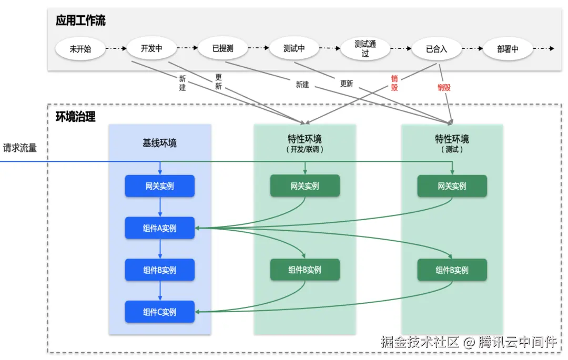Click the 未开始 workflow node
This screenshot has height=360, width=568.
[x=80, y=49]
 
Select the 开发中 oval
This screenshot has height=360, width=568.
[x=151, y=49]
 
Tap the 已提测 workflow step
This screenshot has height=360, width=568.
[x=222, y=49]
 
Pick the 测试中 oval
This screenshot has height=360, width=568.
[x=294, y=49]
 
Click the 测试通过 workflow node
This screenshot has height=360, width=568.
[x=365, y=49]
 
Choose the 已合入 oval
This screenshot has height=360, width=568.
[x=437, y=49]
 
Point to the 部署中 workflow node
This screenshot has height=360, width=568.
[x=508, y=49]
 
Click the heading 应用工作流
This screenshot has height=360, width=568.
[x=80, y=21]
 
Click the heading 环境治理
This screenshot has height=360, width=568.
[x=76, y=117]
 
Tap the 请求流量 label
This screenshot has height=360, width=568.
[x=20, y=148]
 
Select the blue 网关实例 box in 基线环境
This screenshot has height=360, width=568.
[x=159, y=186]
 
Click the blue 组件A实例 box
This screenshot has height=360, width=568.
[x=159, y=228]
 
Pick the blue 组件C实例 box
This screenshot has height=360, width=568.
[x=159, y=312]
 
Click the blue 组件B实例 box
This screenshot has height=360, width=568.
[x=159, y=270]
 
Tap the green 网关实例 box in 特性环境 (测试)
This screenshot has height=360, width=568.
[x=452, y=186]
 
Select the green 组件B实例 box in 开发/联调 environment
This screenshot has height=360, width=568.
[x=305, y=270]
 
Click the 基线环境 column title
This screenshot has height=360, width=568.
[x=159, y=143]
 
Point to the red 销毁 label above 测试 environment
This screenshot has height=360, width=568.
[x=444, y=87]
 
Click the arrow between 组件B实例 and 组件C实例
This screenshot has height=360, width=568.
[x=159, y=291]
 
